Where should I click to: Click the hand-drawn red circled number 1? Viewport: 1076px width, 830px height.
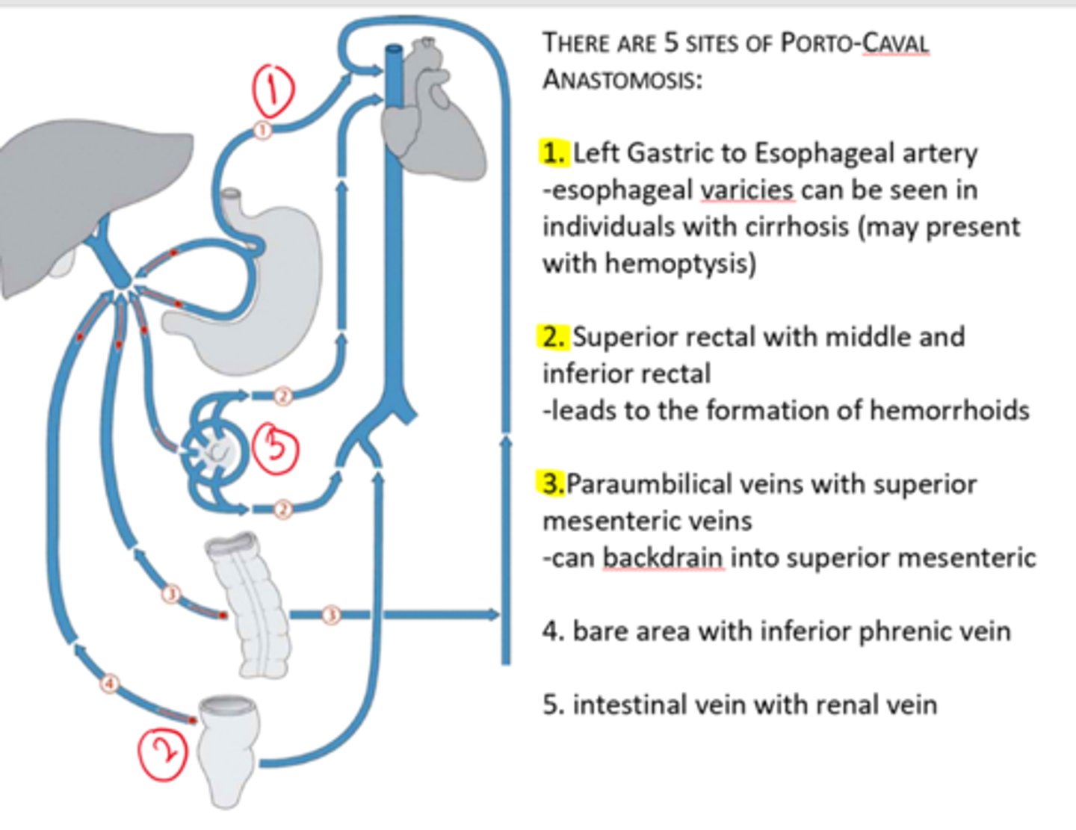(x=273, y=89)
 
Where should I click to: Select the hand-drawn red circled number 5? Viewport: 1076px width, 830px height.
(x=275, y=447)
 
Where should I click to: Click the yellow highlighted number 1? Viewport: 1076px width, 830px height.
(x=554, y=153)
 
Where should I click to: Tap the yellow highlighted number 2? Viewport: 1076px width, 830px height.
(x=554, y=337)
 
